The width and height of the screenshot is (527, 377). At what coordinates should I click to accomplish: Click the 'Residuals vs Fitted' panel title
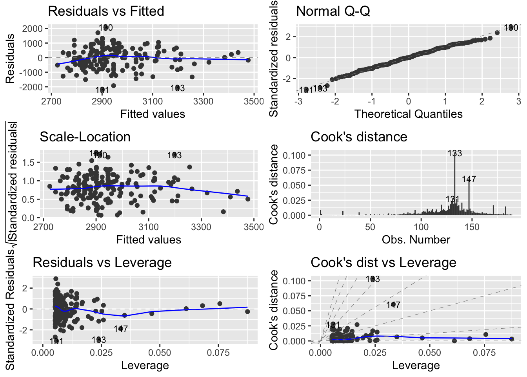pyautogui.click(x=106, y=11)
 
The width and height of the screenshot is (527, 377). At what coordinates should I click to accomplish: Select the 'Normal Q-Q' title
pyautogui.click(x=333, y=11)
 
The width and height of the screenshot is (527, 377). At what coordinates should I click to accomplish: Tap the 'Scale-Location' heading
pyautogui.click(x=85, y=137)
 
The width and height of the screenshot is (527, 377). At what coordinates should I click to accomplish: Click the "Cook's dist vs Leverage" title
pyautogui.click(x=383, y=262)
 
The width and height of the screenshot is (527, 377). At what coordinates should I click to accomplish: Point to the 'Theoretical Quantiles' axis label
pyautogui.click(x=408, y=114)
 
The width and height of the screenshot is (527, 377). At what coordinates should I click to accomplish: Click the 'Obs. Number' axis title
pyautogui.click(x=416, y=240)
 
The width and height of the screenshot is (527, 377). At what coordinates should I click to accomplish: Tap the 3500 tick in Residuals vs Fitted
pyautogui.click(x=254, y=101)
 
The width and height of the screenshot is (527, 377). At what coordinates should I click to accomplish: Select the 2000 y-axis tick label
pyautogui.click(x=33, y=29)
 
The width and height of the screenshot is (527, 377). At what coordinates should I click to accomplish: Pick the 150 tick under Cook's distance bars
pyautogui.click(x=472, y=227)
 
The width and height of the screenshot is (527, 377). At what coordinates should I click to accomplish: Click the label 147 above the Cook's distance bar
pyautogui.click(x=469, y=179)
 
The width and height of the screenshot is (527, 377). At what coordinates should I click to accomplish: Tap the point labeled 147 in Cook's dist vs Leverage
pyautogui.click(x=393, y=304)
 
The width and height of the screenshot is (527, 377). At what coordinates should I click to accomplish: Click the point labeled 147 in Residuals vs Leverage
pyautogui.click(x=121, y=328)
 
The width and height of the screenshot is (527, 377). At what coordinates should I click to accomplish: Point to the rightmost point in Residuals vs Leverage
pyautogui.click(x=247, y=311)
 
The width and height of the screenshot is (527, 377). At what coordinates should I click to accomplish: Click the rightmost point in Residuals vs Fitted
pyautogui.click(x=248, y=60)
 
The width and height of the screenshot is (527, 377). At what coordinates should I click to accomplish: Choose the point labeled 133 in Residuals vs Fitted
pyautogui.click(x=177, y=88)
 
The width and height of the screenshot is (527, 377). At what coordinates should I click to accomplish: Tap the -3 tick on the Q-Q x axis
pyautogui.click(x=299, y=101)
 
